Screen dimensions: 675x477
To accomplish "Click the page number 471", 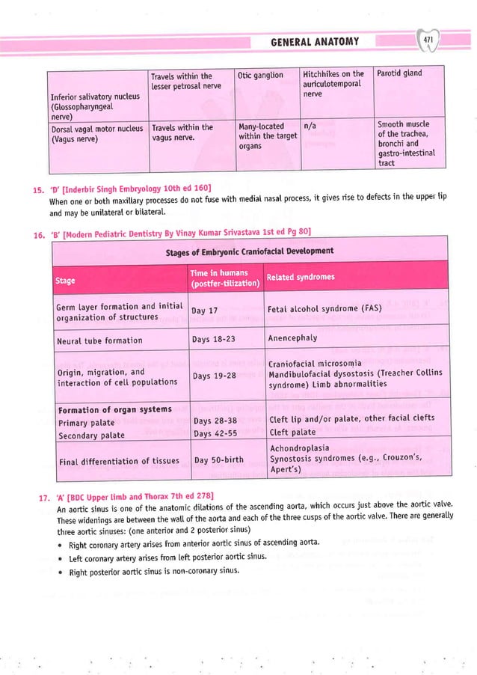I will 428,40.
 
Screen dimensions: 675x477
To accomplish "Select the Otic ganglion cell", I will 261,75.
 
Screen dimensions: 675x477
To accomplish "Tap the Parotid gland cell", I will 399,73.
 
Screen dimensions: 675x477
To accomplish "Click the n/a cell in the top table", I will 310,127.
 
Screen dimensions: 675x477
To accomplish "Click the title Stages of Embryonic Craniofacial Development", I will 249,251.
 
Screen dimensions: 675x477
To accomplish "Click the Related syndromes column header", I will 301,278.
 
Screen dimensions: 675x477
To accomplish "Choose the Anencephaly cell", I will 293,338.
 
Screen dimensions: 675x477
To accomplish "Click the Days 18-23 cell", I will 215,340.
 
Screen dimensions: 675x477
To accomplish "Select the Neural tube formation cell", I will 99,340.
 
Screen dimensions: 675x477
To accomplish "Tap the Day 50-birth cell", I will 218,459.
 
